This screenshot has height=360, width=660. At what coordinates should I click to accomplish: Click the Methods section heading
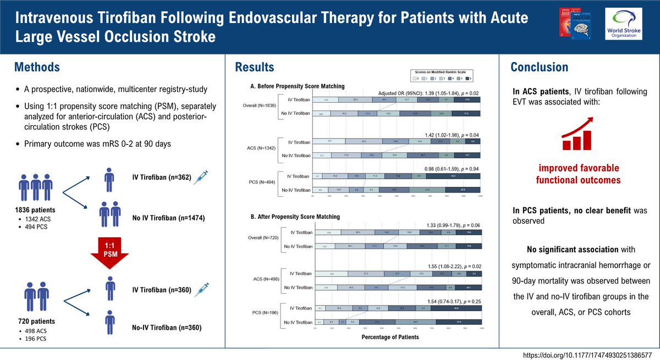pyautogui.click(x=37, y=67)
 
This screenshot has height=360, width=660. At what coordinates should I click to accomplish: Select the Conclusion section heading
pyautogui.click(x=540, y=67)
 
